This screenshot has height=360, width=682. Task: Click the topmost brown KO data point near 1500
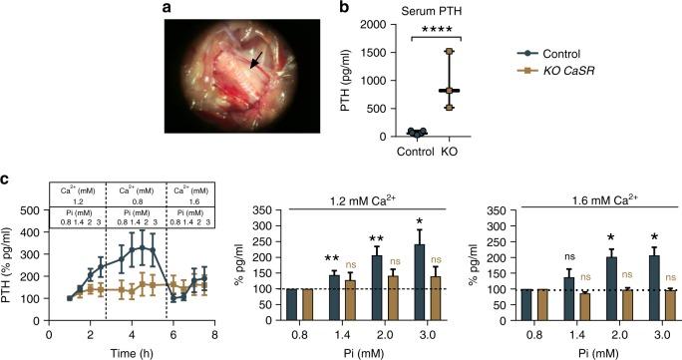(449, 51)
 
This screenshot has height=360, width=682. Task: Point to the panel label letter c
(7, 180)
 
